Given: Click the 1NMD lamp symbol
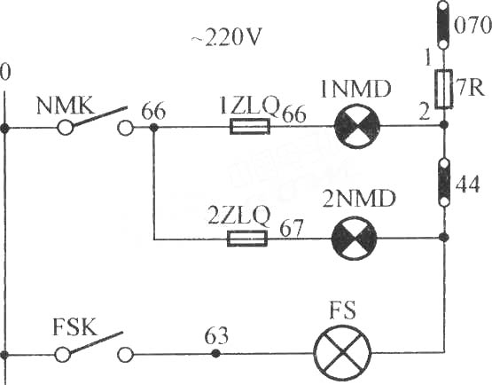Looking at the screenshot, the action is pos(357,126).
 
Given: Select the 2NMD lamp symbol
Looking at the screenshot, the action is pos(355,239).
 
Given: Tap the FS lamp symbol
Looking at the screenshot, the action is pos(343,353).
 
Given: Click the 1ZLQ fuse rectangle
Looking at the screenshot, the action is pos(250,126).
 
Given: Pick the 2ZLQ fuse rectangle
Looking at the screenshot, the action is pos(247,239).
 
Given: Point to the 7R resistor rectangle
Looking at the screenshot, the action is pos(443,90).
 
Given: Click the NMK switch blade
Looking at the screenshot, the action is pos(100,116).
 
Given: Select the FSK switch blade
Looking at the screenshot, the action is pos(96,342).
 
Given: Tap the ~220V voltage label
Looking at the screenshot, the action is pos(226,38).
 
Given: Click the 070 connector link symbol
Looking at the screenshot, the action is pos(443,25).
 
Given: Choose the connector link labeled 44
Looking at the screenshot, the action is pos(444,183).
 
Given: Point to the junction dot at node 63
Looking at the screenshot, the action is pos(215,354).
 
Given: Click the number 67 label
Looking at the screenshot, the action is pos(292,228).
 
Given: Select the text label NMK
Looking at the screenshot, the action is pos(66,106).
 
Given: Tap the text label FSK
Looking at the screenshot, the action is pos(74,327).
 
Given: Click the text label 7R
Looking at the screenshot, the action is pos(470,88).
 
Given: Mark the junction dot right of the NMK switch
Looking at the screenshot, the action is pos(153,128).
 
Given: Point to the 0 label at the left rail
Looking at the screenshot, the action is pos(5,72).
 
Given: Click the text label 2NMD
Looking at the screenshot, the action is pos(359,199).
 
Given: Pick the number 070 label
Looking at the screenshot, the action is pos(472,25).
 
